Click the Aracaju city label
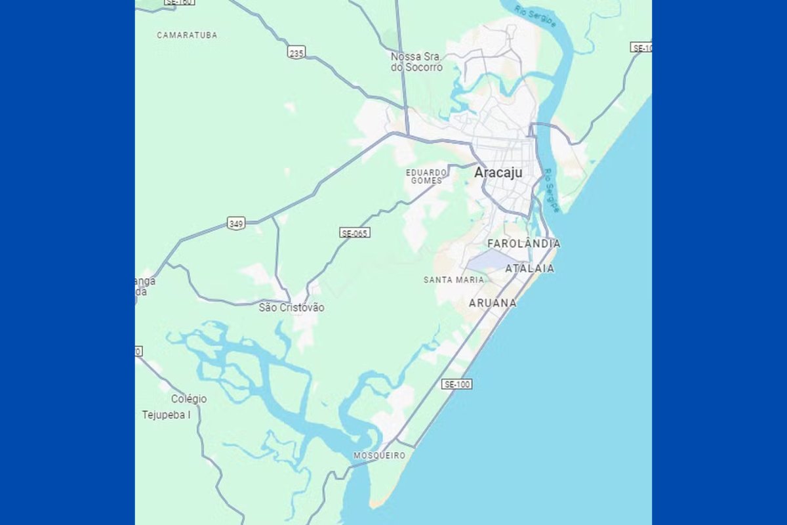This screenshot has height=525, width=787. pos(498,173)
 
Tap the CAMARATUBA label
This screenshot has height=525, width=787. pos(187,35)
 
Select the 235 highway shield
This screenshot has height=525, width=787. pos(296,52)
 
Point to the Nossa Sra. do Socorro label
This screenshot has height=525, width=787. pos(416,62)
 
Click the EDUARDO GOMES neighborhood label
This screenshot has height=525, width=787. pos(426,176)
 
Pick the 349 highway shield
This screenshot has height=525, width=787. pos(236,224)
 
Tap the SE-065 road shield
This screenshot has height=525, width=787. pos(355,232)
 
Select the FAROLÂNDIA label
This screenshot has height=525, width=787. pos(524,244)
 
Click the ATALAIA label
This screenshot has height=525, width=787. pos(529,268)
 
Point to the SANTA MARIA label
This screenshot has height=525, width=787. pos(454,280)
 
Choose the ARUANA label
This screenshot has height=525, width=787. pos(493,303)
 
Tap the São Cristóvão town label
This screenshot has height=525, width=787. pos(291,307)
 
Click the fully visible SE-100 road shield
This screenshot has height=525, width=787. pos(456,384)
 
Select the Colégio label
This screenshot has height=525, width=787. pos(189,399)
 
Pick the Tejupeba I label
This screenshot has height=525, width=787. pos(171,415)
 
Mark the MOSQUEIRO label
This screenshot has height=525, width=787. pos(379,455)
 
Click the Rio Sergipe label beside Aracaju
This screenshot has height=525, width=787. pos(551,190)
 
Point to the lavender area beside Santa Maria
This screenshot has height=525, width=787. pos(488,263)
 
